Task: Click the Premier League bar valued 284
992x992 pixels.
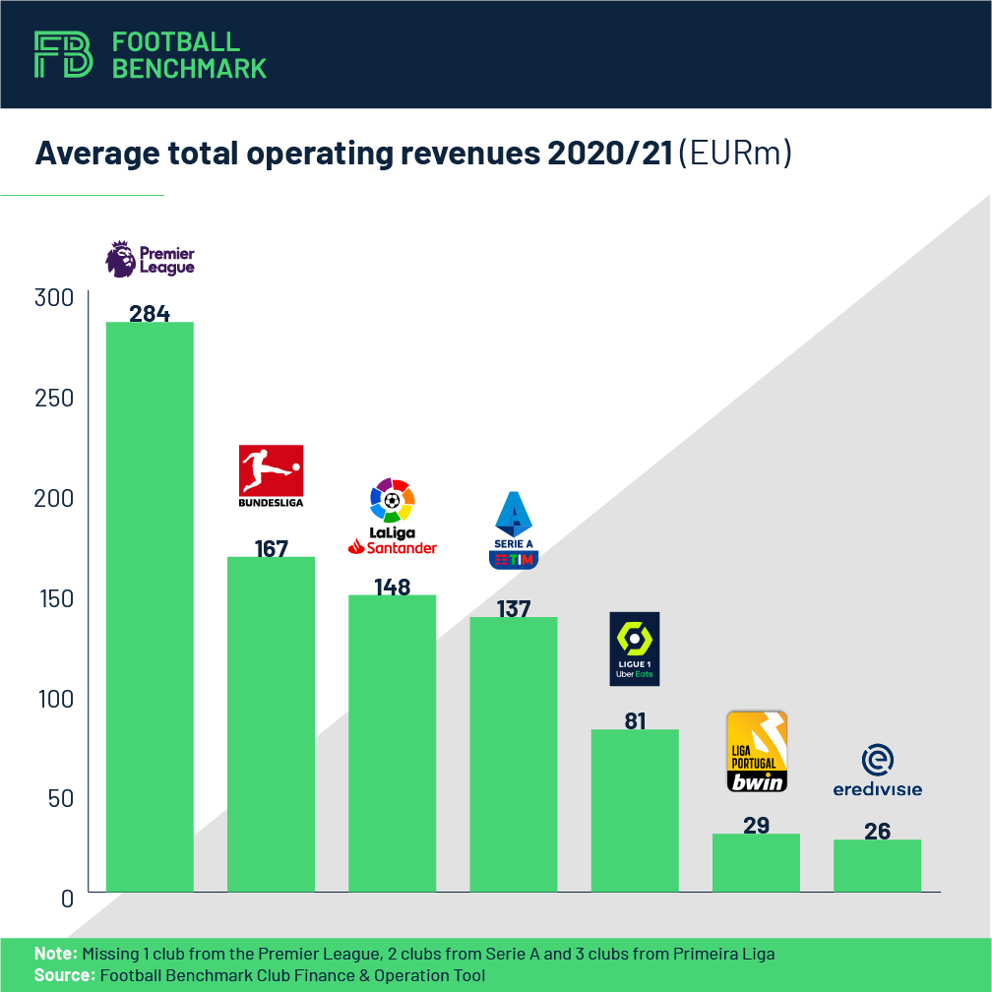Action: pyautogui.click(x=150, y=606)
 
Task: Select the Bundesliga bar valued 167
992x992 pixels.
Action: pyautogui.click(x=271, y=724)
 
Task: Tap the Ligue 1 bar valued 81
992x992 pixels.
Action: pyautogui.click(x=635, y=811)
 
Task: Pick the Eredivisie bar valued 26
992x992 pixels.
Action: pyautogui.click(x=877, y=866)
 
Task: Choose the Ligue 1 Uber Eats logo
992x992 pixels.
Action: pyautogui.click(x=635, y=649)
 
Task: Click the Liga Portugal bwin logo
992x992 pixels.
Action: pyautogui.click(x=756, y=752)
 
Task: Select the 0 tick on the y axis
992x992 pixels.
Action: pyautogui.click(x=67, y=898)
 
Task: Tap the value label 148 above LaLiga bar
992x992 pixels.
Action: pyautogui.click(x=393, y=587)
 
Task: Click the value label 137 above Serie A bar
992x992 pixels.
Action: pyautogui.click(x=514, y=609)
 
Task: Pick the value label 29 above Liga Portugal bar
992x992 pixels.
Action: pyautogui.click(x=756, y=825)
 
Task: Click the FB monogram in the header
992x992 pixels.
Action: pyautogui.click(x=64, y=54)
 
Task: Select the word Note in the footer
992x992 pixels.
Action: pyautogui.click(x=55, y=954)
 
